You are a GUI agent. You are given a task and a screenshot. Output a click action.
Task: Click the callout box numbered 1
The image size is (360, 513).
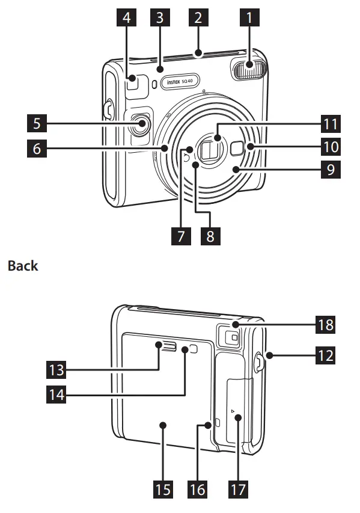pyautogui.click(x=249, y=17)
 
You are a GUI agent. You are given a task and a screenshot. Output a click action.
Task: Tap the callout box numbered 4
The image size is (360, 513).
pyautogui.click(x=127, y=17)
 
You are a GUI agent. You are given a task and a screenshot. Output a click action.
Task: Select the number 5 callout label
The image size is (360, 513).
pyautogui.click(x=37, y=123)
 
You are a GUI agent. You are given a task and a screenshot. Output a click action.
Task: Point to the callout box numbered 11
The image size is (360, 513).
pyautogui.click(x=331, y=124)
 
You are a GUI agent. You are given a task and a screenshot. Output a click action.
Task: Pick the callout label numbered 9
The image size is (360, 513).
pyautogui.click(x=331, y=169)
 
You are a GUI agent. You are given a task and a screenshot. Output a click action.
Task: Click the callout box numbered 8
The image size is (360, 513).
pyautogui.click(x=210, y=236)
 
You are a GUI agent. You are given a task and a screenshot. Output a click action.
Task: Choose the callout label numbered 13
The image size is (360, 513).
pyautogui.click(x=56, y=370)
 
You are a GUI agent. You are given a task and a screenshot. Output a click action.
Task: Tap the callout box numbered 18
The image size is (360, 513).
pyautogui.click(x=325, y=325)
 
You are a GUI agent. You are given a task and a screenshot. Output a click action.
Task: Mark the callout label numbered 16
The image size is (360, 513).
pyautogui.click(x=198, y=490)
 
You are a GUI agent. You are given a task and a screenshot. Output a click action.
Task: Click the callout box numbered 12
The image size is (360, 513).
pyautogui.click(x=325, y=355)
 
